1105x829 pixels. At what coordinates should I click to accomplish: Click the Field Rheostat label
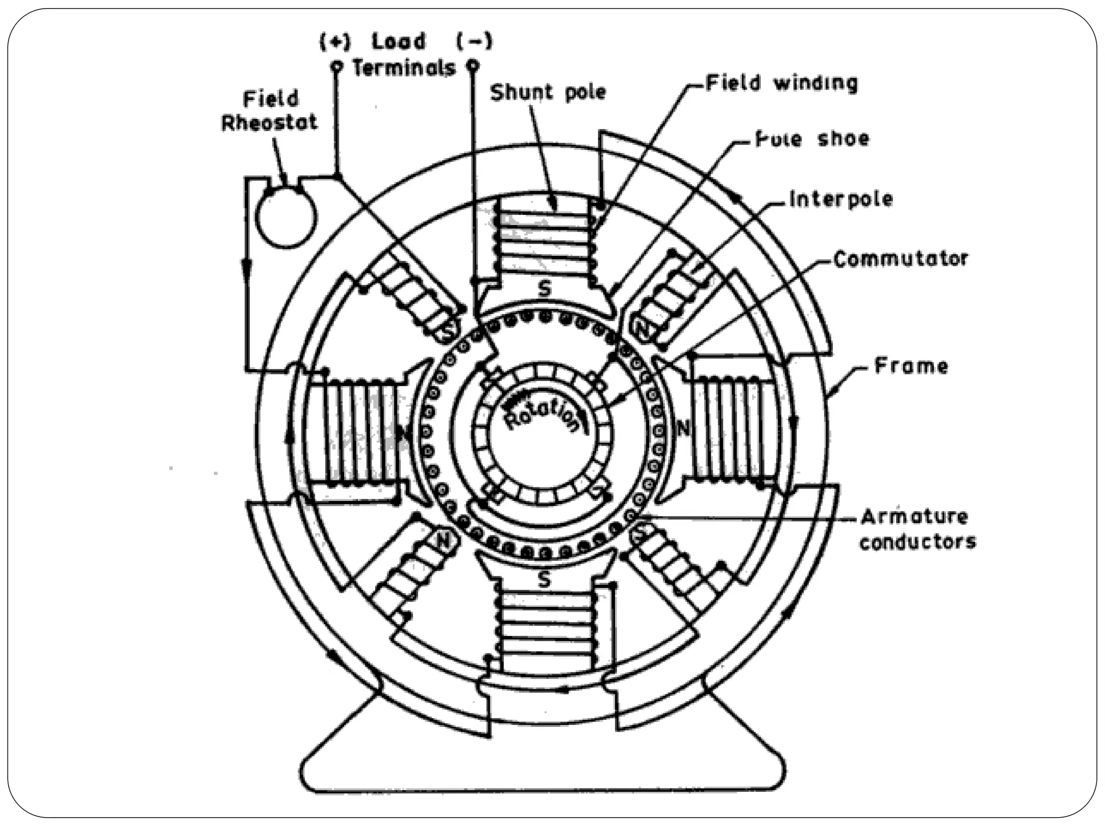(x=269, y=111)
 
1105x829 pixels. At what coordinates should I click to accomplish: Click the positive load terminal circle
(x=337, y=66)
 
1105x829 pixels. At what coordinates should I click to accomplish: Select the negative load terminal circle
(x=473, y=66)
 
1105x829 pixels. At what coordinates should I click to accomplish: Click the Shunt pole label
(x=547, y=93)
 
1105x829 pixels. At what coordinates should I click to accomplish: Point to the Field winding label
(x=782, y=84)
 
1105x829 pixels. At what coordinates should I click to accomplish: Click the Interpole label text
(x=841, y=199)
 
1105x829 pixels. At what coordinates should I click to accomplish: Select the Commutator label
(x=901, y=259)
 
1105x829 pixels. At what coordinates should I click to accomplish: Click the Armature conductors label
(x=917, y=529)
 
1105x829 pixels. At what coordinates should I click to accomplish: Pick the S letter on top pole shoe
(x=544, y=290)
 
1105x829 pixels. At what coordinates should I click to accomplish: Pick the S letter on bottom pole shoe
(x=544, y=580)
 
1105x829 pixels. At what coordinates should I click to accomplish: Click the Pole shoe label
(x=812, y=139)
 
